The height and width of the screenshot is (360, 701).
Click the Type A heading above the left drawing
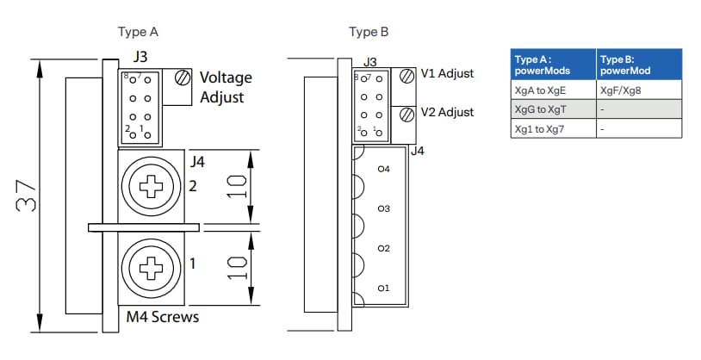(x=138, y=33)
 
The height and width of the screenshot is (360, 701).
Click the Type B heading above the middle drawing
(x=369, y=33)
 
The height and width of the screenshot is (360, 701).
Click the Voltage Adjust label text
(x=226, y=87)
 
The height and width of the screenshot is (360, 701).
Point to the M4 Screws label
(x=162, y=317)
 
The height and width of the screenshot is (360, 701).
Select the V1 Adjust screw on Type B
(x=408, y=75)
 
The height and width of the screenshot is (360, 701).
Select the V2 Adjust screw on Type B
(x=408, y=114)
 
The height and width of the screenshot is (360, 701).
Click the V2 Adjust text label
(x=447, y=113)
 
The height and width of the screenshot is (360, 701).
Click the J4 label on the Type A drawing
(x=197, y=160)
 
